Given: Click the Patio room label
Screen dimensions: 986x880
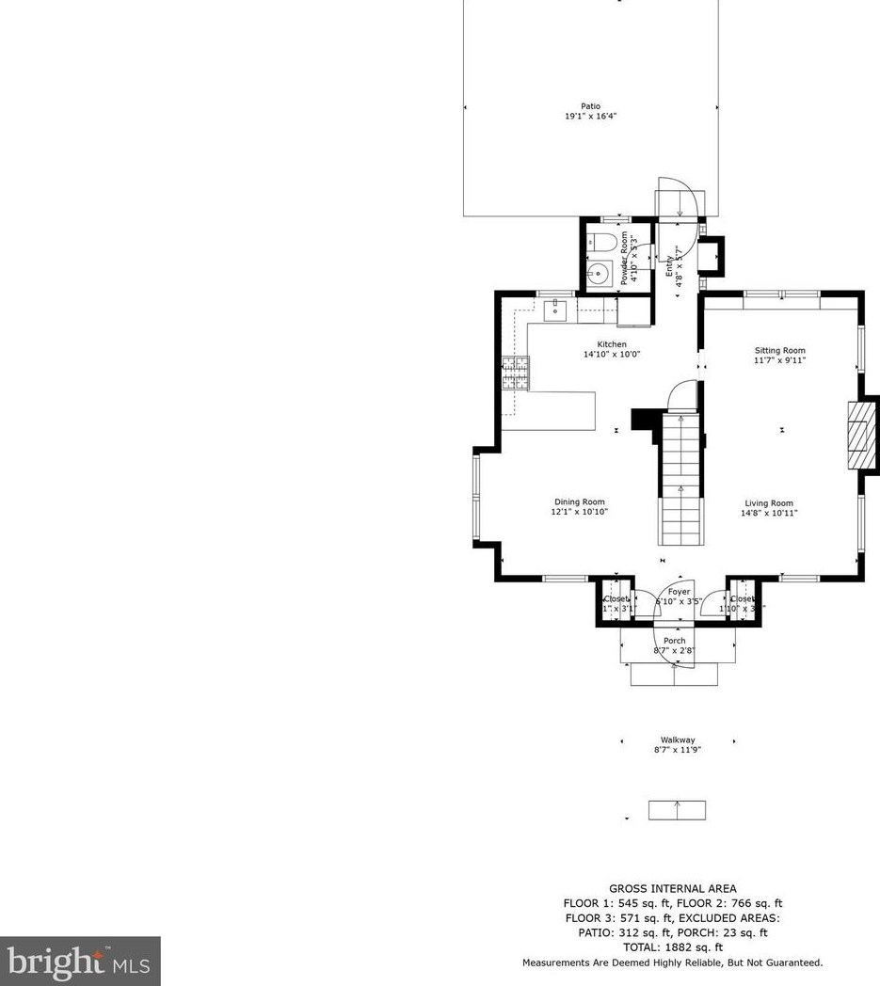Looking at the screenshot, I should [590, 106].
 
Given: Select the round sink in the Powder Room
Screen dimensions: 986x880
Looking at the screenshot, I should [596, 274].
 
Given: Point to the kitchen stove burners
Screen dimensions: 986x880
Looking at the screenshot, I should [515, 374].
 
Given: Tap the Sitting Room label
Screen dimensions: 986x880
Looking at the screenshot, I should [779, 350].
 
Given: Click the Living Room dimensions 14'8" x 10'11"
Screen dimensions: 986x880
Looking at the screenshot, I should [769, 513].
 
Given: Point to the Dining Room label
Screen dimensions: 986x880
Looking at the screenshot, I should [580, 501].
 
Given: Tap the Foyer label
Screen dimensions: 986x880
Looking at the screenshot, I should [679, 592].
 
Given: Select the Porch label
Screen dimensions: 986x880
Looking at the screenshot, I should [675, 641].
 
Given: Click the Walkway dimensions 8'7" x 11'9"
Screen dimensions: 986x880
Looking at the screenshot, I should [678, 749].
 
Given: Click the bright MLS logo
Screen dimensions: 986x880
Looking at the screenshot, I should [80, 961].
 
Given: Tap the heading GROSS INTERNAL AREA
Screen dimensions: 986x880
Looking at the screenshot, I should [672, 888].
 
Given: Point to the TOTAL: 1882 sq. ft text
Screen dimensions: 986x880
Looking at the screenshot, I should [672, 947].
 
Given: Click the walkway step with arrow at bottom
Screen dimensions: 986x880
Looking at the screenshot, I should [677, 810].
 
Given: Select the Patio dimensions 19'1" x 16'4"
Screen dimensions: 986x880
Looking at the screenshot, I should [590, 117].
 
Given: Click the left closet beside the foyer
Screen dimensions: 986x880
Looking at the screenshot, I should [616, 603].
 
